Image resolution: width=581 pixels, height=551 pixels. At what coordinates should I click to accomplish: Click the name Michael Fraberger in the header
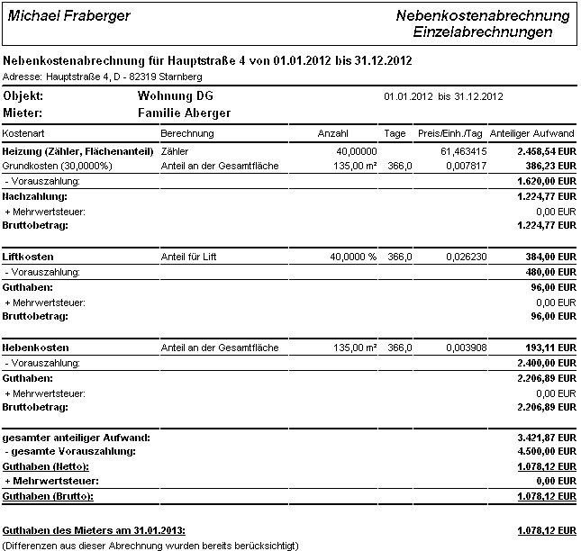coord(68,16)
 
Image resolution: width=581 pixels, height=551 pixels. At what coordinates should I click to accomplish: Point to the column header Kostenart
coord(23,132)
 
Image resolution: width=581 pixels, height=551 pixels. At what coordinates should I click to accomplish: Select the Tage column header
coord(395,132)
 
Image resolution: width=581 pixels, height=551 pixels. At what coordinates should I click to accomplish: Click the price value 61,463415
coord(465,151)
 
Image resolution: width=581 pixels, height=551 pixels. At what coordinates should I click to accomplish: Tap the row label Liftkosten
coord(27,256)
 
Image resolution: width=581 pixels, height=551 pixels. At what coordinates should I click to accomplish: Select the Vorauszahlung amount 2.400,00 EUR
coord(543,362)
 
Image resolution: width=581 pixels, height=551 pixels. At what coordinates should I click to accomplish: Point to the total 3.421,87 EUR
coord(543,437)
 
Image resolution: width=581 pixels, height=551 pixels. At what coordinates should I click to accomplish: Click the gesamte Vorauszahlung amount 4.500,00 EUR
coord(543,450)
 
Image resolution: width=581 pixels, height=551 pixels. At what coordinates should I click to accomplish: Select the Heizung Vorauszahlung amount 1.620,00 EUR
coord(543,180)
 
